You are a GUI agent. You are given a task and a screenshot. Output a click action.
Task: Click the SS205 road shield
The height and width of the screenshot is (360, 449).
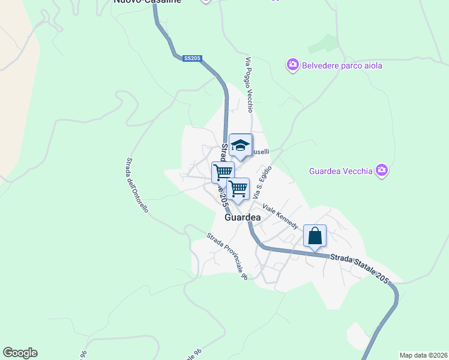[193, 58]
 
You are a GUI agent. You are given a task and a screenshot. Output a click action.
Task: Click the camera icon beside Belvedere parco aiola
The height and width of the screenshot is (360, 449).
[293, 64]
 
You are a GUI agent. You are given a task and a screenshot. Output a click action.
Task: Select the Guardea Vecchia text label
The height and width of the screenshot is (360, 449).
[340, 171]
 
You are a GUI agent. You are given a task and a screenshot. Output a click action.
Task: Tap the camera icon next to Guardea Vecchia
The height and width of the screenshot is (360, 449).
[382, 171]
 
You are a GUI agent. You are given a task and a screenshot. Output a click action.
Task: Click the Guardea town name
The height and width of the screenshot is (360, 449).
[243, 218]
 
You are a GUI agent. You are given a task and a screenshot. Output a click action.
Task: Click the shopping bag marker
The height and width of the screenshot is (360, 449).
[315, 236]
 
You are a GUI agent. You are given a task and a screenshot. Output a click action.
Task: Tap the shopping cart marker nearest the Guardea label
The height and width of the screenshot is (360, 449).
[238, 189]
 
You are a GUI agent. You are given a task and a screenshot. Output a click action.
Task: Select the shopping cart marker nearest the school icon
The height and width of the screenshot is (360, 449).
[222, 173]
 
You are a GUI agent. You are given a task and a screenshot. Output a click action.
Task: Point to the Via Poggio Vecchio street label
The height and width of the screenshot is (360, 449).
[249, 83]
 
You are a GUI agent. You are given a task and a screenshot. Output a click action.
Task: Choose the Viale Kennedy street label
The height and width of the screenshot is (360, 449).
[280, 216]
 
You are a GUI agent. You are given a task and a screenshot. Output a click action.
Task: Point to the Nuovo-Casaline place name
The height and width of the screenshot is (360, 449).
[147, 2]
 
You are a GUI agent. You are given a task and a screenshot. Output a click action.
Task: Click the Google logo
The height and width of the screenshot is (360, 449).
[20, 353]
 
